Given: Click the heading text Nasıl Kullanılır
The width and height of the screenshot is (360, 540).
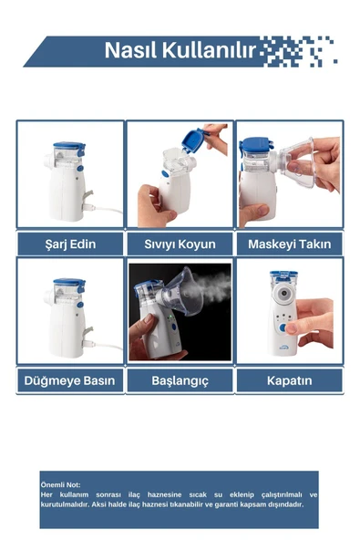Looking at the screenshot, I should point(180,49).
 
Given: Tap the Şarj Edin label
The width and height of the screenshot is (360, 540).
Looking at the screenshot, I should point(70,244).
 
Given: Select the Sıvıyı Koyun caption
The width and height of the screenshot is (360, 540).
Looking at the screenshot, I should point(180,244).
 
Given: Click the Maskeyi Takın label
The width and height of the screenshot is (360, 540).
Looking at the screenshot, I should point(289,244).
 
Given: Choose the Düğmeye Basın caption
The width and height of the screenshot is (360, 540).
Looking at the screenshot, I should point(70,380).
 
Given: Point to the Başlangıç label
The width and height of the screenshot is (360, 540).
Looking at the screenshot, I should point(180,380).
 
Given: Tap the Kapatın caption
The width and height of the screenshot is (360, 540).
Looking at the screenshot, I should point(289,380).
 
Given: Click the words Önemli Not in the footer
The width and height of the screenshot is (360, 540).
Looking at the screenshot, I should point(61,484).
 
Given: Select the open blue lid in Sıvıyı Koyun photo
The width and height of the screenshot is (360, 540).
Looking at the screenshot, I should point(192,140).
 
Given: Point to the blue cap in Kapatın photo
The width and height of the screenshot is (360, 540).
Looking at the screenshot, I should point(283,275).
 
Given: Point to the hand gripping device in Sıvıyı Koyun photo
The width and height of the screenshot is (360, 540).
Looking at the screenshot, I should point(152,204).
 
